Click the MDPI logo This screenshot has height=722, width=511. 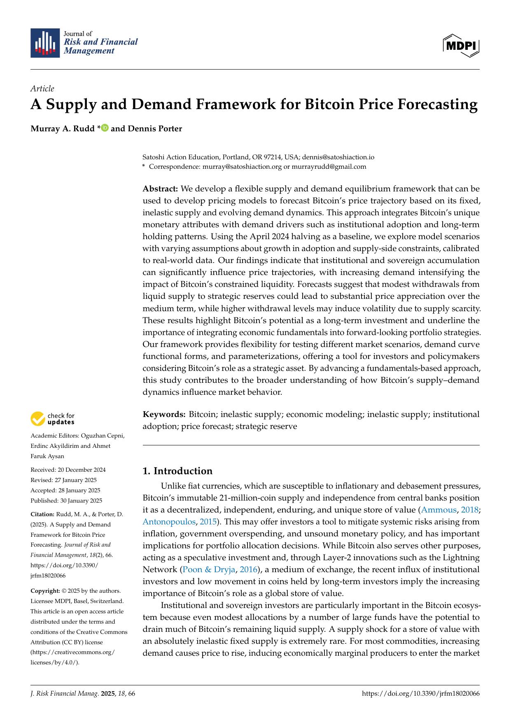[x=461, y=46]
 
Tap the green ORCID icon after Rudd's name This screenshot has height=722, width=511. [x=105, y=128]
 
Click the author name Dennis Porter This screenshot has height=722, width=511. [x=155, y=128]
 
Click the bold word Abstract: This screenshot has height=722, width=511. [x=160, y=189]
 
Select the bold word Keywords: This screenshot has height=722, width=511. [x=164, y=414]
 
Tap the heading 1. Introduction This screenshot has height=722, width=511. [x=177, y=471]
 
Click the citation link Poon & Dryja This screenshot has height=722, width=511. [x=208, y=570]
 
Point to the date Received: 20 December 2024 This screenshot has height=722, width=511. [x=68, y=470]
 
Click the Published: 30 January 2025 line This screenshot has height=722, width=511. [x=66, y=501]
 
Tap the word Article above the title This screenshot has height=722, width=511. [x=42, y=89]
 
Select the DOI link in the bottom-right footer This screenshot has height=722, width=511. [x=420, y=694]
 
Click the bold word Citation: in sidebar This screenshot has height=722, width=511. [x=42, y=514]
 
